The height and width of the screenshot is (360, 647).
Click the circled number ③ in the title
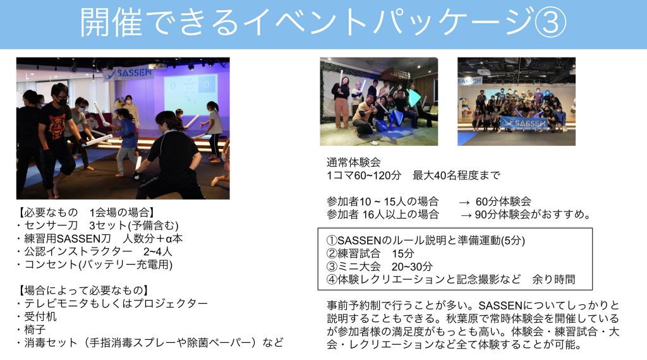tap(550, 22)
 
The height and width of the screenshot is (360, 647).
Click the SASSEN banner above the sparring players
tap(128, 73)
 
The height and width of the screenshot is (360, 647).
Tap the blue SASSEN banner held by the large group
tap(524, 123)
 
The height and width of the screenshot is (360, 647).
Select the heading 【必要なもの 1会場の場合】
tap(85, 212)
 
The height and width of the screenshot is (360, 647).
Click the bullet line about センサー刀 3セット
tap(98, 225)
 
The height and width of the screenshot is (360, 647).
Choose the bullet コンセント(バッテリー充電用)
tap(95, 265)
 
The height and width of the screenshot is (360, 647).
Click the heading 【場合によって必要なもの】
tap(82, 291)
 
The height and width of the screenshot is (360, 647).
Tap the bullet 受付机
tap(37, 316)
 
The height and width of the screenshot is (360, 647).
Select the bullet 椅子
tap(32, 330)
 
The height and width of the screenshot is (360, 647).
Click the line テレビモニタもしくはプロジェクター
tap(112, 304)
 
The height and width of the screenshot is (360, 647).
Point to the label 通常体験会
tap(354, 162)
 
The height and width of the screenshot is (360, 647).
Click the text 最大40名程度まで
tap(456, 176)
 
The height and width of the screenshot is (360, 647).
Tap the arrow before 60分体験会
tap(464, 202)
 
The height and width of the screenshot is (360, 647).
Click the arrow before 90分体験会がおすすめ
tap(467, 215)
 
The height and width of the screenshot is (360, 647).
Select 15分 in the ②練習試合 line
tap(402, 254)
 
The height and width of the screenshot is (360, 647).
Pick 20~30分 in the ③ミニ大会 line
tap(412, 267)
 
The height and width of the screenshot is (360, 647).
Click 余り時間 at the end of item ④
tap(553, 280)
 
